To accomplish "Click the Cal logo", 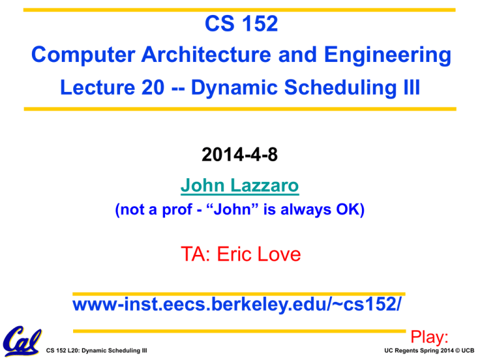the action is coord(22,341).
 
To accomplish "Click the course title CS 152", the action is coord(241,24).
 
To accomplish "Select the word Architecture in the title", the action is coord(206,54).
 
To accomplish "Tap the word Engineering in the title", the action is coord(387,56).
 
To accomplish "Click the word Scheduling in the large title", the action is coord(341,88).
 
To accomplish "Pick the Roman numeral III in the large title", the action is coord(412,87).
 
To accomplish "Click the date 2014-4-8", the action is coord(240,154).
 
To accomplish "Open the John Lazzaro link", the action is coord(240,186).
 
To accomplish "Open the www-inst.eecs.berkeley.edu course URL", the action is coord(237,304).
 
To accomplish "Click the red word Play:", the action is coord(429,337).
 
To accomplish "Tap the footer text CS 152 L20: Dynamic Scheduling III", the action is coord(96,351).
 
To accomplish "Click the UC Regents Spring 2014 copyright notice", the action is coord(429,351).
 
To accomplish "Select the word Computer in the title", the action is coord(83,55).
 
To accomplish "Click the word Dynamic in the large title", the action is coord(234,88).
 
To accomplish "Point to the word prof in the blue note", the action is coord(177,210).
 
